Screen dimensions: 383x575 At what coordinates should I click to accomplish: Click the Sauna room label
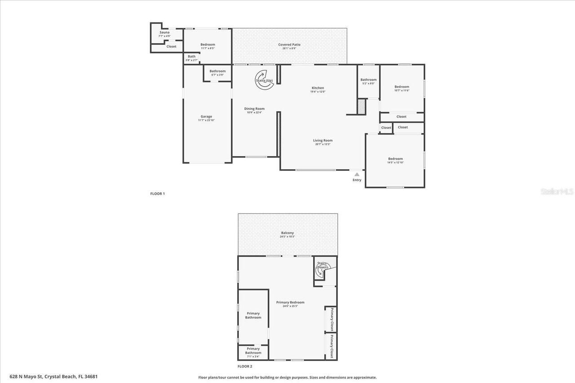[x=164, y=33]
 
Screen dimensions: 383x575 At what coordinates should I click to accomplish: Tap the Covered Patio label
[x=289, y=45]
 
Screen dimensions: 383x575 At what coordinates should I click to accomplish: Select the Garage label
[x=206, y=117]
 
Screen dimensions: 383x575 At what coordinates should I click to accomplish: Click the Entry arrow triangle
[x=357, y=174]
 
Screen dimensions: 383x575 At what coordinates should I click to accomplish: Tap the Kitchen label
[x=318, y=88]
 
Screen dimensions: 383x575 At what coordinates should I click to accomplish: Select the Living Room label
[x=323, y=141]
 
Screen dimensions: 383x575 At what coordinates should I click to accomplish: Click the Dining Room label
[x=254, y=109]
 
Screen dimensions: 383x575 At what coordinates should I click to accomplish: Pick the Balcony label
[x=287, y=233]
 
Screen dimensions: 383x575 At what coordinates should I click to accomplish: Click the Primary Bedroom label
[x=290, y=303]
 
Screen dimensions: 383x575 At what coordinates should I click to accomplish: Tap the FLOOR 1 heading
[x=158, y=194]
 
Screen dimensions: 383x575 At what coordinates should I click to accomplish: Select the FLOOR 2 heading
[x=245, y=366]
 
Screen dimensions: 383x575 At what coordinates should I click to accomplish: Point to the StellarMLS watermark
[x=557, y=191]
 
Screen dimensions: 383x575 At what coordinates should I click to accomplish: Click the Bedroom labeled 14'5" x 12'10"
[x=395, y=159]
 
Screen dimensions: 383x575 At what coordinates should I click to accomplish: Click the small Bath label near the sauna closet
[x=192, y=57]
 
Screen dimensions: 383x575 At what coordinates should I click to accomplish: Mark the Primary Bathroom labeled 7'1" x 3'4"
[x=253, y=351]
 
